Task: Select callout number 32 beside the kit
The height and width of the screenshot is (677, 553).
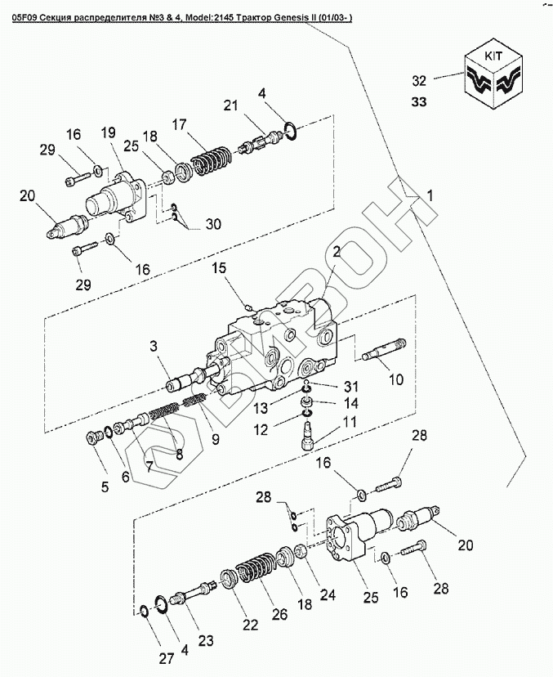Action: pos(419,81)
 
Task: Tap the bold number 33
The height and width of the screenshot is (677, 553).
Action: pos(419,102)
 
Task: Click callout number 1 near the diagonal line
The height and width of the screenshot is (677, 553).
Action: pos(430,195)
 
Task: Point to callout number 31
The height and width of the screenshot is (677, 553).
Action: pos(350,386)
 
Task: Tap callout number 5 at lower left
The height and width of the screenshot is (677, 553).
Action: pos(105,488)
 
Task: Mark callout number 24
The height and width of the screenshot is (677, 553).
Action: pos(328,596)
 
